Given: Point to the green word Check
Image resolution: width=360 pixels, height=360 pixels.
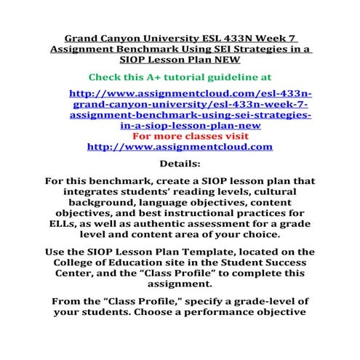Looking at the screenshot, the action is [105, 76].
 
